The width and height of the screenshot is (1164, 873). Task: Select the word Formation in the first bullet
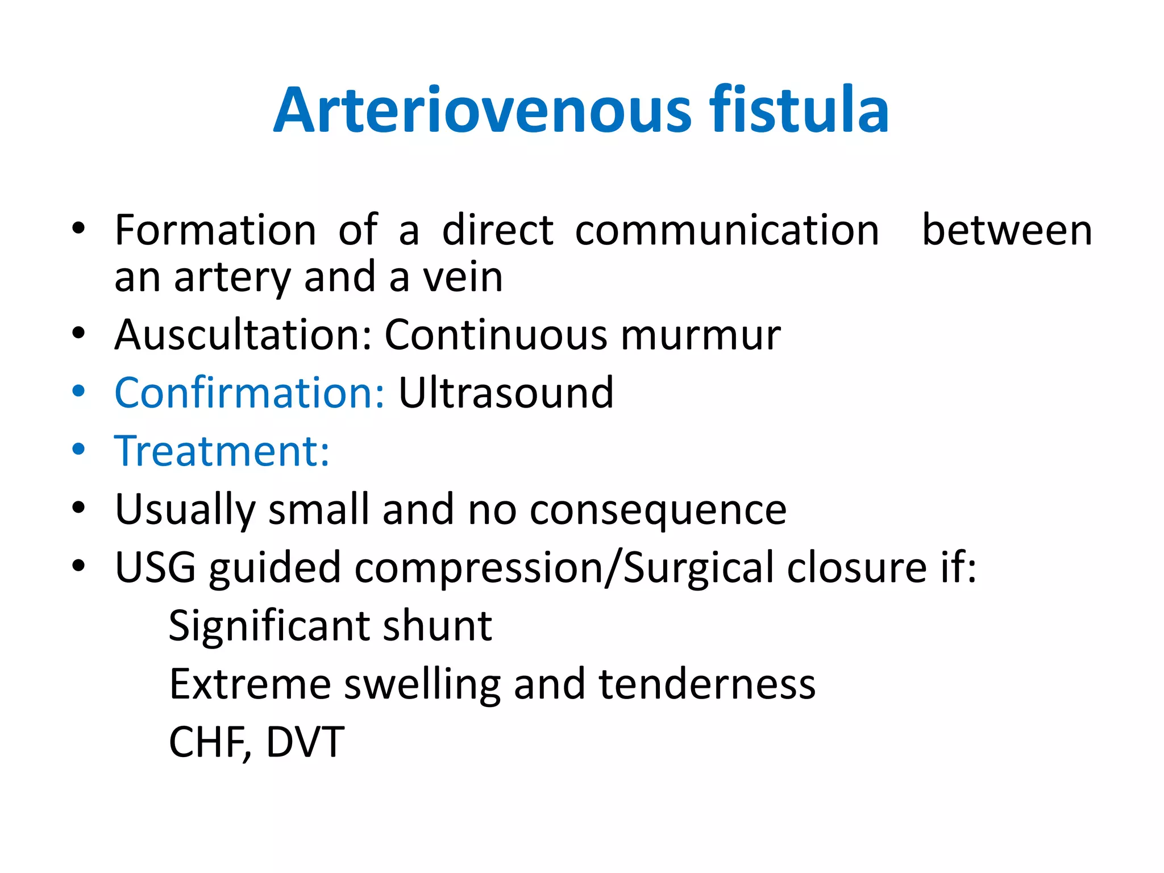tap(215, 230)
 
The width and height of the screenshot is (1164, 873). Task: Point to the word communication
tap(727, 230)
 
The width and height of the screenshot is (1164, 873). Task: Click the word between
tap(1007, 230)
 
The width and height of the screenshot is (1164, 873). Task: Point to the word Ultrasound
tap(506, 393)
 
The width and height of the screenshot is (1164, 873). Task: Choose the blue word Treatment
tap(222, 451)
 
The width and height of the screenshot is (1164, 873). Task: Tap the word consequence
tap(658, 510)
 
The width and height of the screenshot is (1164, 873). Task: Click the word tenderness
tap(707, 684)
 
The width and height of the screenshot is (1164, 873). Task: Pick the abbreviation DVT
tap(305, 742)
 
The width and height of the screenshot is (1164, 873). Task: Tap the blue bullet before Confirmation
tap(78, 392)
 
